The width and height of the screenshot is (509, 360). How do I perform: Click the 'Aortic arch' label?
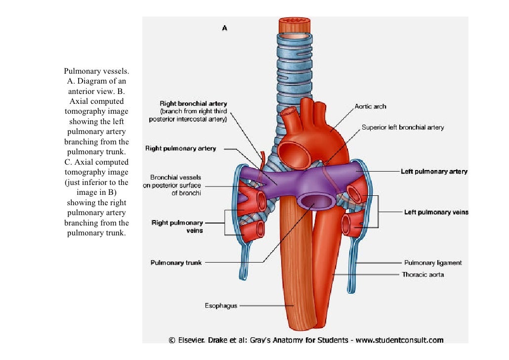click(x=370, y=106)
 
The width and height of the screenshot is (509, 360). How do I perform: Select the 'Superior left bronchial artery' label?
click(x=403, y=127)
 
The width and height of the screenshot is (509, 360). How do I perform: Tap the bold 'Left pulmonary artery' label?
click(x=433, y=172)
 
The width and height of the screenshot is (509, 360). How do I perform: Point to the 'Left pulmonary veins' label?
click(x=436, y=212)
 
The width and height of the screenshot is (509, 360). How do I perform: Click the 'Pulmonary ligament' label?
click(x=433, y=263)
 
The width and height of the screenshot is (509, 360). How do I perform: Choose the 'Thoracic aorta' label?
click(x=424, y=274)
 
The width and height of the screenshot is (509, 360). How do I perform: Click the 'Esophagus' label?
click(x=221, y=306)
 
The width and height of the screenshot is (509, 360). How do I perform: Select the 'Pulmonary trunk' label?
click(x=176, y=263)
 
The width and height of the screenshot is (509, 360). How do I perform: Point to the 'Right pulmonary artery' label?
click(x=180, y=148)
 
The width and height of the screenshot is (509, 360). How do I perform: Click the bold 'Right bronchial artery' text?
click(x=193, y=104)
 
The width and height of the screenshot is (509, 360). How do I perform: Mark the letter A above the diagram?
click(x=224, y=29)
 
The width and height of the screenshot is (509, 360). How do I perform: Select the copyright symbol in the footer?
click(x=172, y=340)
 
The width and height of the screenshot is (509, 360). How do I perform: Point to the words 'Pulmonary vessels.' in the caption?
click(x=96, y=71)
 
